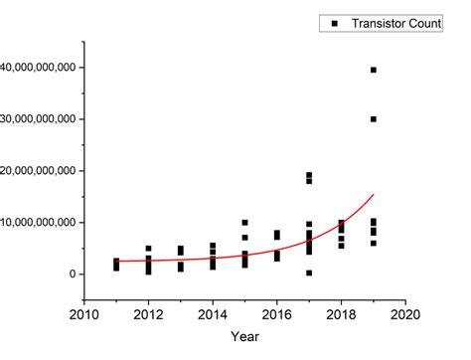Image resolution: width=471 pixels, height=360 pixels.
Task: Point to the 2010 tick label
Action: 84,315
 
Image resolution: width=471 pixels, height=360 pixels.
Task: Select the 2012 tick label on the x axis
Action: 148,315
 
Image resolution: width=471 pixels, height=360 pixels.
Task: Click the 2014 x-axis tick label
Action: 213,315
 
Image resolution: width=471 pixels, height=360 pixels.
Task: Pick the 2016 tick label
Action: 277,315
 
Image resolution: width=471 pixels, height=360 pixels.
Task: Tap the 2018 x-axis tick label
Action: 341,315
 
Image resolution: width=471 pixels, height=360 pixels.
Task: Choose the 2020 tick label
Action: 405,315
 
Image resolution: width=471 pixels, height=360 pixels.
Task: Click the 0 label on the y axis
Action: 69,273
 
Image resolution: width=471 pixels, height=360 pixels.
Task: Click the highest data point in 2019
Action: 374,70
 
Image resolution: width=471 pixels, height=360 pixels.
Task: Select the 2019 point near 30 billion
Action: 374,119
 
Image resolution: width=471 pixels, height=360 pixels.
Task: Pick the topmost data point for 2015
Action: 244,223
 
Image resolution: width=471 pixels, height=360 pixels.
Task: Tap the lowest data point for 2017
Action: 309,272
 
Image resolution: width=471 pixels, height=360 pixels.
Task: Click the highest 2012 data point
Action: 148,249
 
